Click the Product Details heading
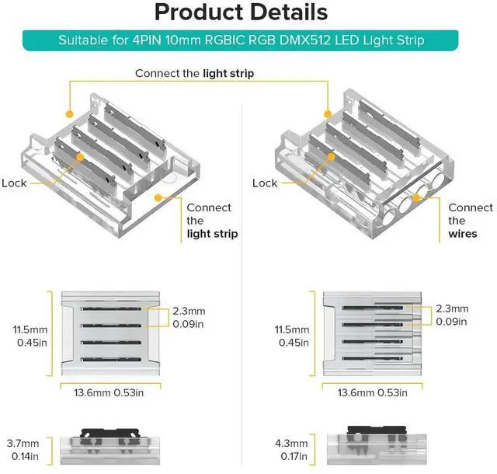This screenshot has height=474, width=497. pyautogui.click(x=240, y=13)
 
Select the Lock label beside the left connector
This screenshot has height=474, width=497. pyautogui.click(x=14, y=183)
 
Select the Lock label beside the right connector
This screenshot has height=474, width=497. pyautogui.click(x=265, y=183)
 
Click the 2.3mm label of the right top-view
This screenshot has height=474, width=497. pyautogui.click(x=452, y=308)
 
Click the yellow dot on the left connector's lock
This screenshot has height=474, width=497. pyautogui.click(x=80, y=156)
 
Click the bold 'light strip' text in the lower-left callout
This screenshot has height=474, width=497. pyautogui.click(x=211, y=234)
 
